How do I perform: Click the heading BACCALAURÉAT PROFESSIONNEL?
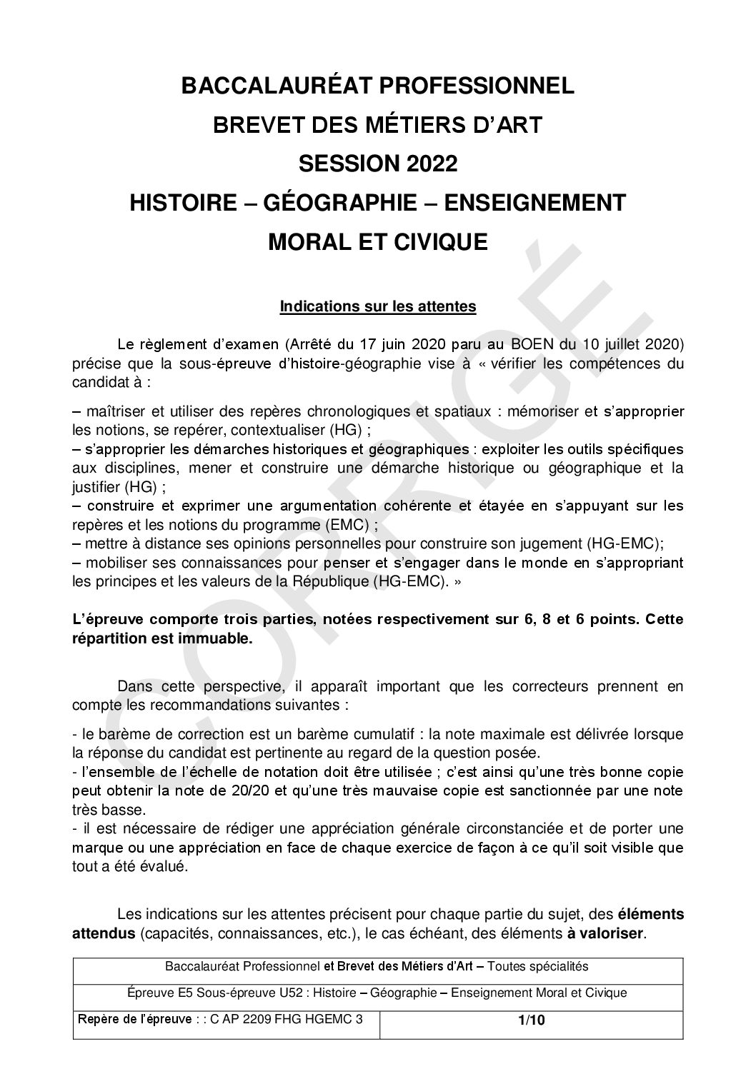pyautogui.click(x=377, y=86)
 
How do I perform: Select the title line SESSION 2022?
pyautogui.click(x=377, y=164)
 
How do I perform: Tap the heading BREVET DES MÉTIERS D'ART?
pyautogui.click(x=377, y=126)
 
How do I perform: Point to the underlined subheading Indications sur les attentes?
pyautogui.click(x=377, y=307)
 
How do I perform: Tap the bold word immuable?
pyautogui.click(x=216, y=639)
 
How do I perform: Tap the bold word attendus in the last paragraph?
pyautogui.click(x=104, y=933)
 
